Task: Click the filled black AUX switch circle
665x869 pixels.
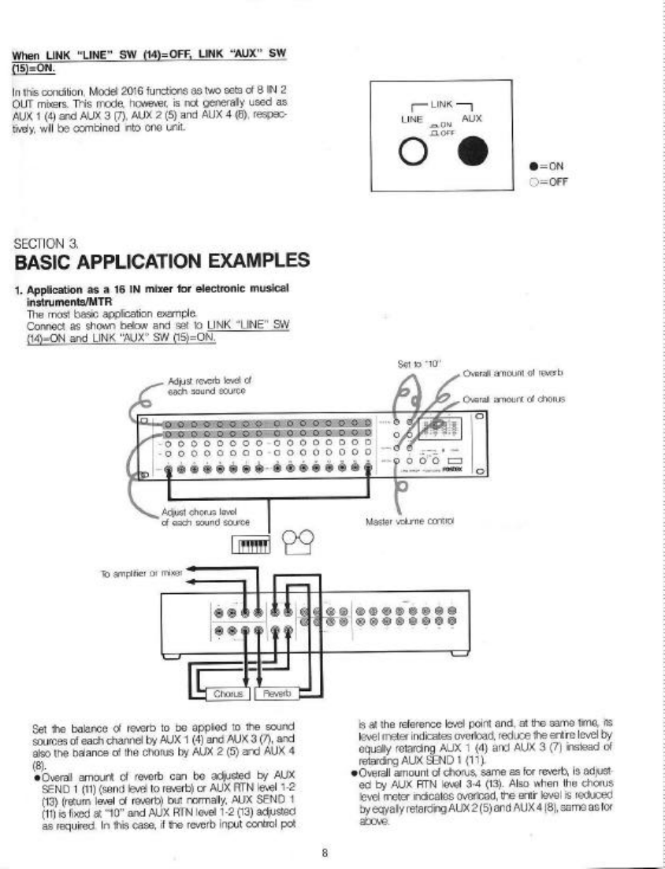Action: point(472,152)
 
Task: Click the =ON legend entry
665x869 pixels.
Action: point(551,166)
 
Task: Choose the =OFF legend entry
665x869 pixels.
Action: point(551,181)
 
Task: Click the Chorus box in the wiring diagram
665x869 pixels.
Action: point(228,693)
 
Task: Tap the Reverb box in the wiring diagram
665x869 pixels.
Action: point(277,693)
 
